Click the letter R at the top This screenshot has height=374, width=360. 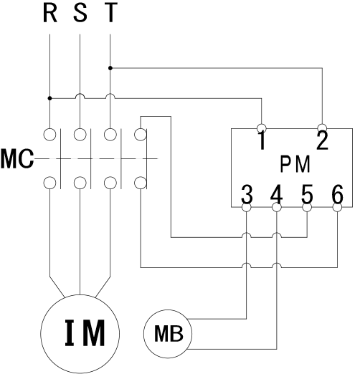50,13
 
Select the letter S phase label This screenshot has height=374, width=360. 80,13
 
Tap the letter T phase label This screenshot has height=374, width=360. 110,13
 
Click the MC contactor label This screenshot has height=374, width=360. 17,159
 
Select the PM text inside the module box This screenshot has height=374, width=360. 295,164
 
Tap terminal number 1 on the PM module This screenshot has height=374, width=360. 262,140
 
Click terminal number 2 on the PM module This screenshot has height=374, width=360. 322,140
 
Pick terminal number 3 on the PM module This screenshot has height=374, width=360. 247,193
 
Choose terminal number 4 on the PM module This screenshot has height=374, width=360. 277,193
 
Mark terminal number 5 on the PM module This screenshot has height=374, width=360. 307,193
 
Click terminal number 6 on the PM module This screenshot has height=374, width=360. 337,193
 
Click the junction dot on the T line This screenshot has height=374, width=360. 110,68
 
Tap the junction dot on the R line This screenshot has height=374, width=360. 49,98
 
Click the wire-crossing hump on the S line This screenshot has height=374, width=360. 80,94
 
